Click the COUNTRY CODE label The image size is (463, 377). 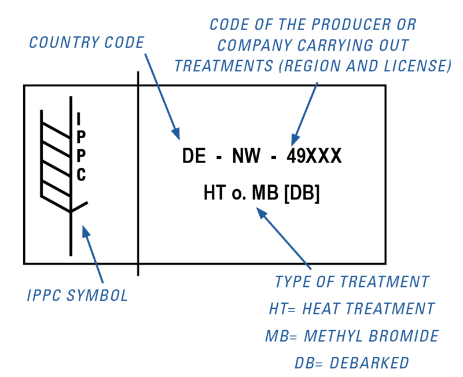[x=86, y=42]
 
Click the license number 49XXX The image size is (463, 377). [x=314, y=157]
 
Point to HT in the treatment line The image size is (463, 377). [x=213, y=193]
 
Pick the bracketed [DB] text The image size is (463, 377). [x=302, y=193]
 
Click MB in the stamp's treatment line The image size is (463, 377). [x=266, y=193]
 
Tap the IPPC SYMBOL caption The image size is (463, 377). [x=78, y=296]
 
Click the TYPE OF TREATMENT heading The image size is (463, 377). [x=352, y=282]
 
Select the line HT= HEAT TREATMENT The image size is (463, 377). [x=352, y=308]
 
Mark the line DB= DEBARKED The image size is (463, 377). [x=352, y=363]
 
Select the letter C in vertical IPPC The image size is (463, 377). [x=81, y=175]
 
